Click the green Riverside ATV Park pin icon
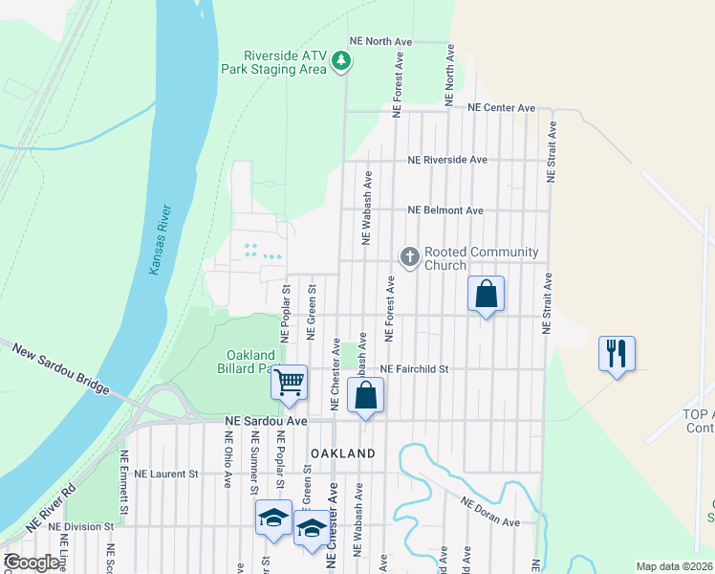[341, 62]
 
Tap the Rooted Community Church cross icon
[409, 255]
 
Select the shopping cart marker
[289, 383]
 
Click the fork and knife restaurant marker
[616, 353]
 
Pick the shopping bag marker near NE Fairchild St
[365, 395]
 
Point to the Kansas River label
[160, 240]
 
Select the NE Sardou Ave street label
[266, 421]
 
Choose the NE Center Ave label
[501, 108]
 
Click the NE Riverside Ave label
[447, 160]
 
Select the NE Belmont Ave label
[445, 210]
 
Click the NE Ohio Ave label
[228, 459]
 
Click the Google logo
[32, 563]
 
